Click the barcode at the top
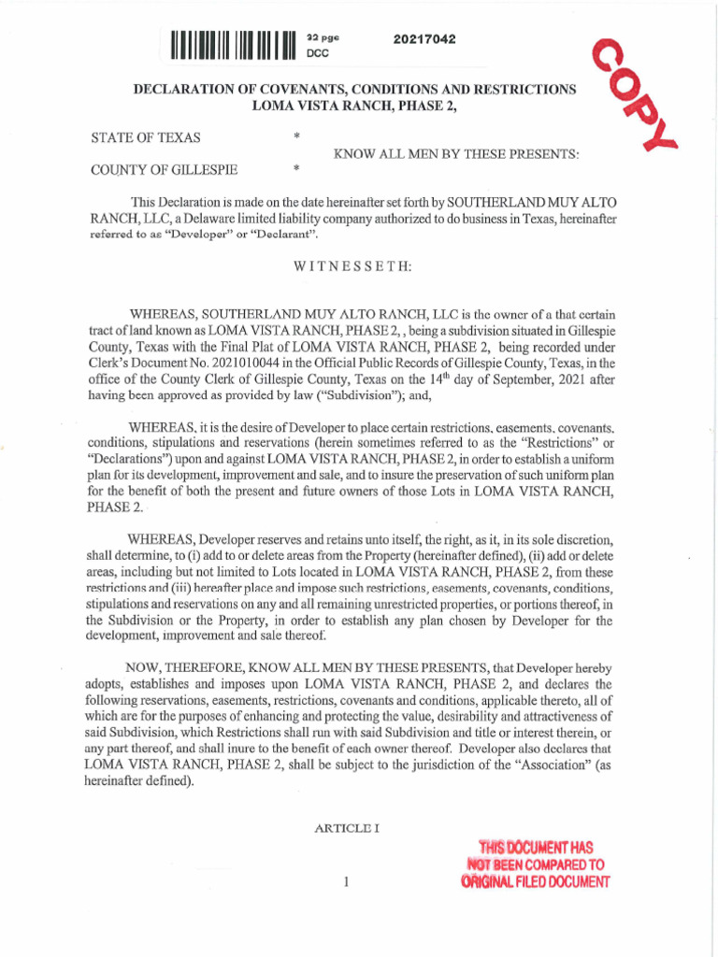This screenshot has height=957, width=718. [x=234, y=45]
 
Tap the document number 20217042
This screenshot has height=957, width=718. [x=424, y=39]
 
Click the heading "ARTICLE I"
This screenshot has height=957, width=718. [x=346, y=828]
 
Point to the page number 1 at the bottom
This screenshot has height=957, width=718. [x=346, y=880]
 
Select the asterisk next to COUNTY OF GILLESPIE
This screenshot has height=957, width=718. [x=295, y=169]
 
